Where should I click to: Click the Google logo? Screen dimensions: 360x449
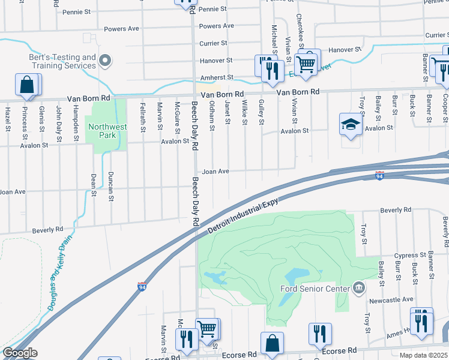click(x=20, y=353)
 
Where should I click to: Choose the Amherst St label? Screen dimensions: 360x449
click(x=216, y=77)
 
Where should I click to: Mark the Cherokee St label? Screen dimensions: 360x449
click(x=298, y=34)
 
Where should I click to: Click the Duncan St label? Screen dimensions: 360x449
click(x=110, y=186)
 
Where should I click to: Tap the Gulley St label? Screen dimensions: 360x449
click(x=262, y=112)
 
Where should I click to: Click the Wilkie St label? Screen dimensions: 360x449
click(x=245, y=113)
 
